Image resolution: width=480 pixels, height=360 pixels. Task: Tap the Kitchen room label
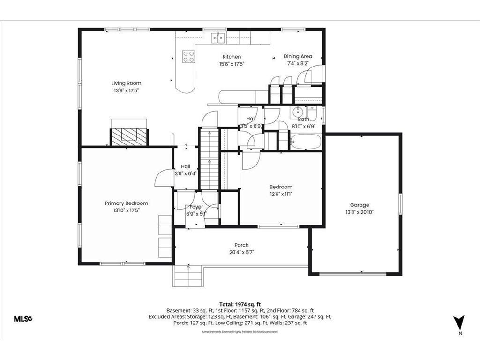[232, 57]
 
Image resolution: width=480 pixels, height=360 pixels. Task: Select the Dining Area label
[298, 56]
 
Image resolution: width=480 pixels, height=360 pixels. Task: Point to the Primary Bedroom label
[126, 203]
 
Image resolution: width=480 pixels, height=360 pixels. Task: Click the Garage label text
[360, 205]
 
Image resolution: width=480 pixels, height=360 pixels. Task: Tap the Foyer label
[196, 207]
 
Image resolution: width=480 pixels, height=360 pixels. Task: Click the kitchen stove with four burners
[188, 57]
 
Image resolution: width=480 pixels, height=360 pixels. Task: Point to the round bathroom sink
[298, 112]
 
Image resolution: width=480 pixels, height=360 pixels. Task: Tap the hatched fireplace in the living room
[129, 136]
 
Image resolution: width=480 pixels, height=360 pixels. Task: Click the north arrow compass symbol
[459, 323]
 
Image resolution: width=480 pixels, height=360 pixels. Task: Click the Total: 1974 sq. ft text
[240, 304]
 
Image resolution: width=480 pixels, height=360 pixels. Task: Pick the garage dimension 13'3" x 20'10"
[360, 212]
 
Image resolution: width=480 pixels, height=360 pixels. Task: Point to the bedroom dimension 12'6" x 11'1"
[281, 194]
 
